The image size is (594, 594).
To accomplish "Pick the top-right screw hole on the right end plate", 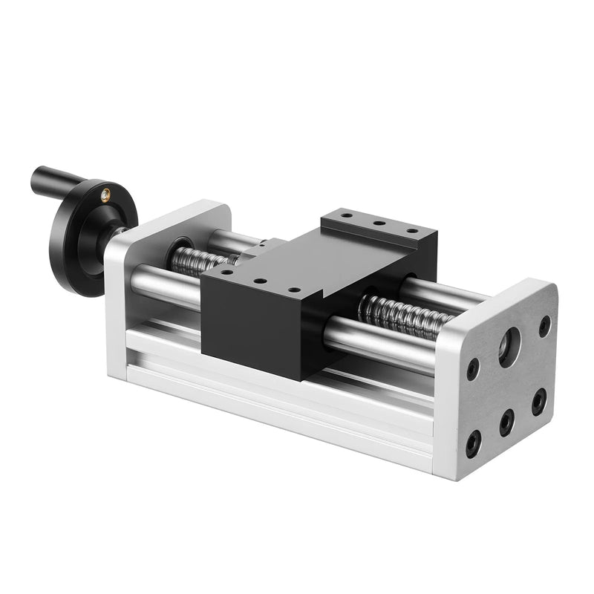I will (x=544, y=326).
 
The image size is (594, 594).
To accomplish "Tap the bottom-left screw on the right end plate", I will (x=472, y=443).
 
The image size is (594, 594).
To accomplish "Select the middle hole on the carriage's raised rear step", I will (x=378, y=222).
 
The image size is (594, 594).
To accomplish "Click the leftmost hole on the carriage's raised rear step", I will (x=346, y=216).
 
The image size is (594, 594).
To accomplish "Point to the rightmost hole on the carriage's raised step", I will (x=411, y=229).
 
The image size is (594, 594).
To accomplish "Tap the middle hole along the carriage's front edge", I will (x=259, y=281).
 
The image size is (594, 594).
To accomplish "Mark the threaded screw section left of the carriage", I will (x=198, y=261).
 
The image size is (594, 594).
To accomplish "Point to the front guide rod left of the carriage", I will (x=163, y=286).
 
